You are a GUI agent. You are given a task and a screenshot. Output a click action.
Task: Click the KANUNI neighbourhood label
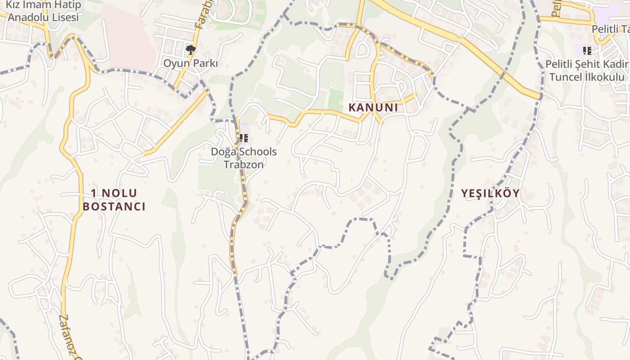[373, 108]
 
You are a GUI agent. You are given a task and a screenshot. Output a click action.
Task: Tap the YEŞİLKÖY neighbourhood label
[490, 193]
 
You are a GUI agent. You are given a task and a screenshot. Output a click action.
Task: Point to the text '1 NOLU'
[114, 193]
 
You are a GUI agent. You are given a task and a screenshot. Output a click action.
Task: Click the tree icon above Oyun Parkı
[191, 49]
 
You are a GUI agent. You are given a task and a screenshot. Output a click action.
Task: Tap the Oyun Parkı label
[190, 63]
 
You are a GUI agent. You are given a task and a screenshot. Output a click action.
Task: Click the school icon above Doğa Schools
[244, 138]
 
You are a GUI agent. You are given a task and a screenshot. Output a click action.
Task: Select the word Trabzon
[244, 164]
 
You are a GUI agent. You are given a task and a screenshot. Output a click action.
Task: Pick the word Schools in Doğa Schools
[258, 152]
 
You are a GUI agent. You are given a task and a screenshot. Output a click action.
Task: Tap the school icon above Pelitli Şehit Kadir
[587, 50]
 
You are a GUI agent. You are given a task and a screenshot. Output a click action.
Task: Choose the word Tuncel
[565, 77]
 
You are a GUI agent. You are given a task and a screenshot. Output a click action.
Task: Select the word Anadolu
[27, 18]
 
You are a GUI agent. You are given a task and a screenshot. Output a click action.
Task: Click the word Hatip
[66, 5]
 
